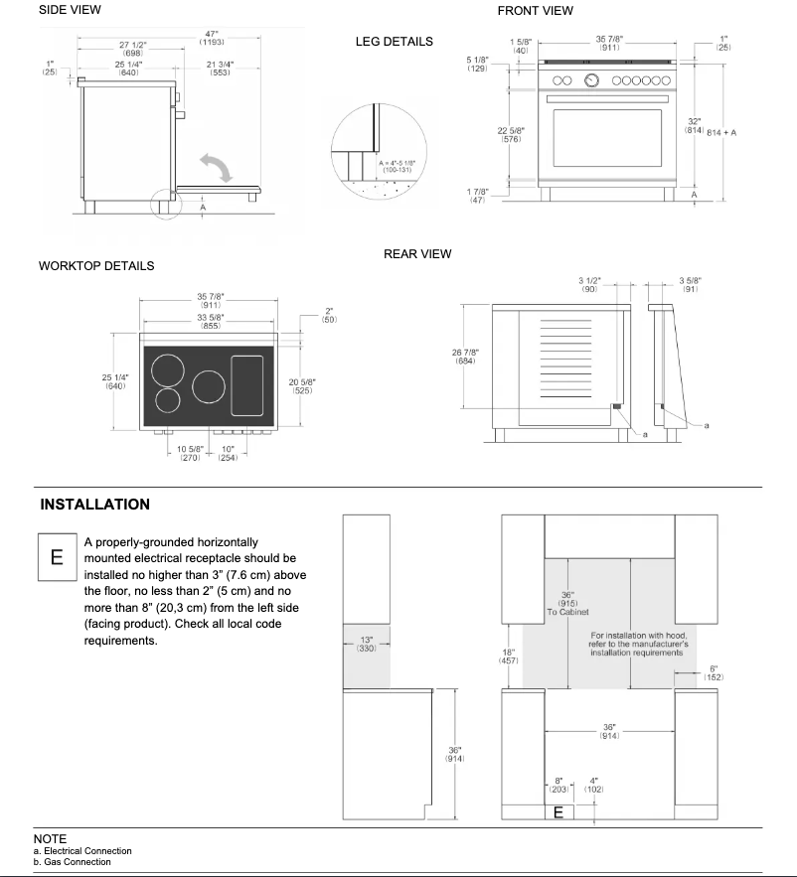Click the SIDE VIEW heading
pos(70,10)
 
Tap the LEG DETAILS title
pos(394,42)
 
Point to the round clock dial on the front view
pos(592,80)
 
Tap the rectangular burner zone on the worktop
pos(248,384)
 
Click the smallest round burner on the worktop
pos(169,401)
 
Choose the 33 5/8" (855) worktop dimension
pos(210,321)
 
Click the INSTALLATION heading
pos(95,505)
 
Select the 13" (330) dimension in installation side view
pos(368,644)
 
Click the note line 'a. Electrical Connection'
pos(82,851)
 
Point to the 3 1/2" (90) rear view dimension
pos(589,285)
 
